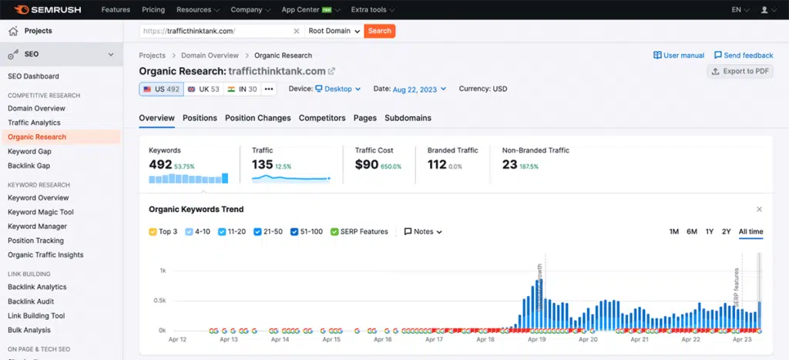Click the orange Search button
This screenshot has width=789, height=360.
(x=379, y=31)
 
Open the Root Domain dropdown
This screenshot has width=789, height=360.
(x=334, y=31)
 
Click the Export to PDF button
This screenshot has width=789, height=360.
(x=740, y=71)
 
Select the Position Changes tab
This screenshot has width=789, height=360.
(x=257, y=118)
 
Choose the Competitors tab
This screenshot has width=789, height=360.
(x=322, y=118)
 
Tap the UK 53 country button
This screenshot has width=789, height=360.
(x=203, y=89)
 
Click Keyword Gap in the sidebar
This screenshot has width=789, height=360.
(x=29, y=151)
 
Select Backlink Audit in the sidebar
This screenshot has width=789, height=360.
(x=30, y=301)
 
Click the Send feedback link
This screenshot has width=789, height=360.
(x=744, y=56)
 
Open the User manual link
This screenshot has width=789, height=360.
(x=679, y=56)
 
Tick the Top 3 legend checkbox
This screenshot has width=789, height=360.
(x=153, y=231)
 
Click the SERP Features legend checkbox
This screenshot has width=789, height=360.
(x=334, y=231)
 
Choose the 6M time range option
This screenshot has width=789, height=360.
(x=692, y=231)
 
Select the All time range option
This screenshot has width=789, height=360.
(x=750, y=231)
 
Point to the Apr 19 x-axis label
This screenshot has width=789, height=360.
(x=537, y=339)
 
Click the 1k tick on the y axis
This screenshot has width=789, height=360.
(x=163, y=271)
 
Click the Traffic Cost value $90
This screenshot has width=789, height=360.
(x=367, y=164)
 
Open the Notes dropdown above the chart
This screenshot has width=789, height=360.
(x=423, y=231)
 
